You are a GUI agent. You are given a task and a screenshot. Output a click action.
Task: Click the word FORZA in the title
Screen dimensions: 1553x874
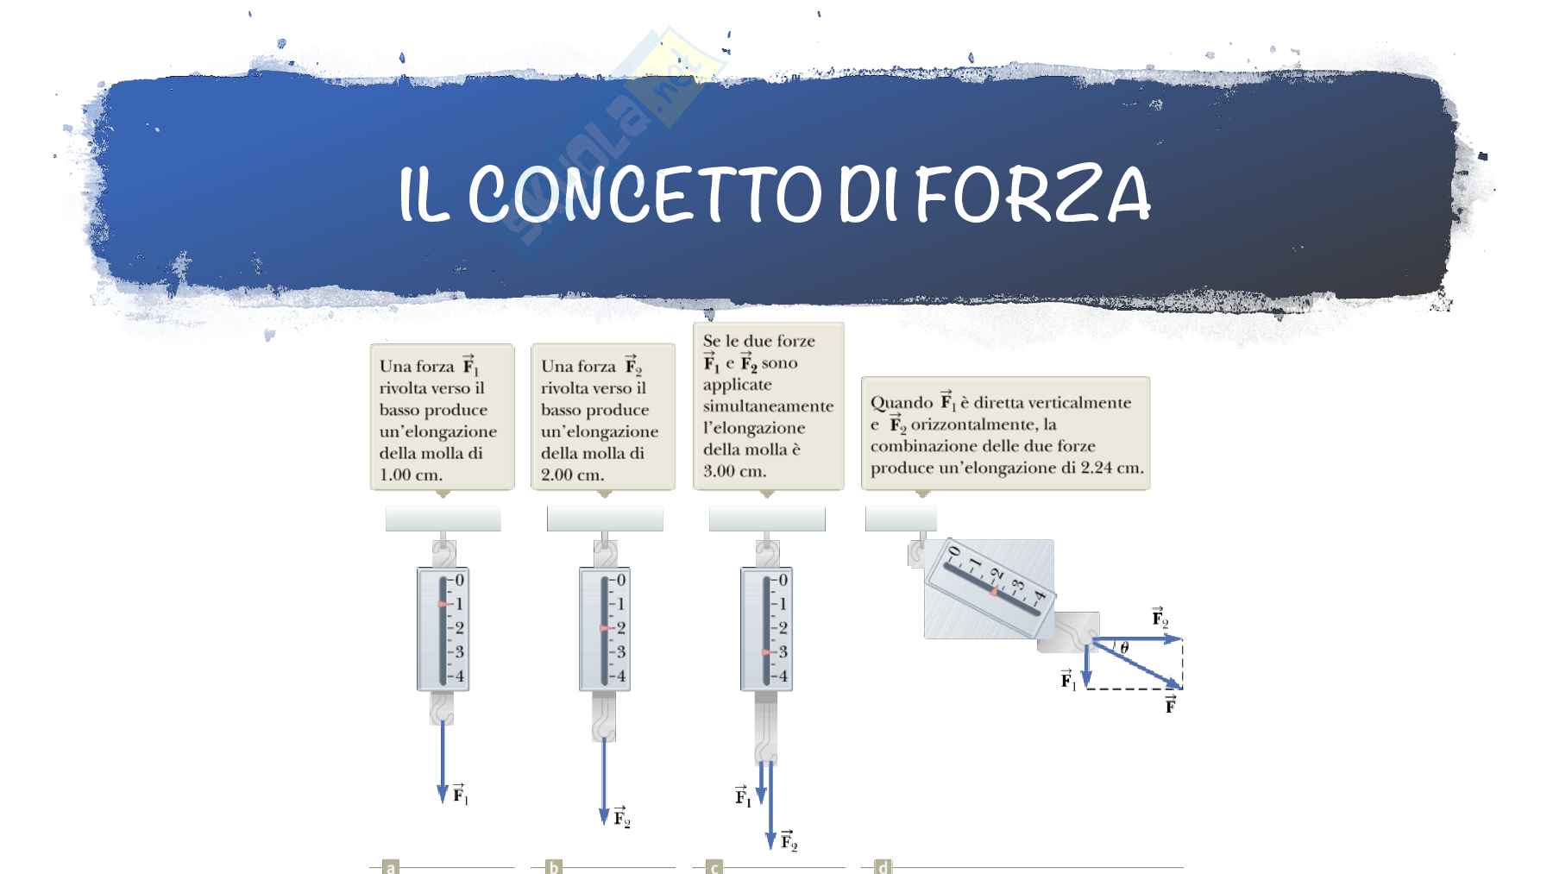[1033, 194]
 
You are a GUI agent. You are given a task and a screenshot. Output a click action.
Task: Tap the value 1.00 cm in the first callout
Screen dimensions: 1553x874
[411, 475]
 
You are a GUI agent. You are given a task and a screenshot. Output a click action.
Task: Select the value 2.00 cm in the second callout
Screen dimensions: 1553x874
[573, 475]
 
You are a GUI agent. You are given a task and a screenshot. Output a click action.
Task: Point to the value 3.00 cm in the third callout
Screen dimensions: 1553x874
[734, 471]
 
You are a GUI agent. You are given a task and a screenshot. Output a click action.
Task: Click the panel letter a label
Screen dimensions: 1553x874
[391, 867]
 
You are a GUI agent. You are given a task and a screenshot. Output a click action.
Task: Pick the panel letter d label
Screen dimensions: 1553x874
[882, 867]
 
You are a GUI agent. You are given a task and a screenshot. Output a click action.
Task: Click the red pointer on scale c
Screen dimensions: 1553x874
[765, 652]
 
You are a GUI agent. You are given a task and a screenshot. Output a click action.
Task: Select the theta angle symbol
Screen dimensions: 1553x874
[1123, 647]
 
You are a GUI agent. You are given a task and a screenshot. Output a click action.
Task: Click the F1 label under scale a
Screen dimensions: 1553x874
[461, 793]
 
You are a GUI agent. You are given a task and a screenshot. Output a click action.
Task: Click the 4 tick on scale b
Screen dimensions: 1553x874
[621, 676]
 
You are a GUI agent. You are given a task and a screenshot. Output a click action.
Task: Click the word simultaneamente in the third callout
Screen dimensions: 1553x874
[768, 406]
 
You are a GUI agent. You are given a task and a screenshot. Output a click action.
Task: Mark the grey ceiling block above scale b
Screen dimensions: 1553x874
[605, 519]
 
